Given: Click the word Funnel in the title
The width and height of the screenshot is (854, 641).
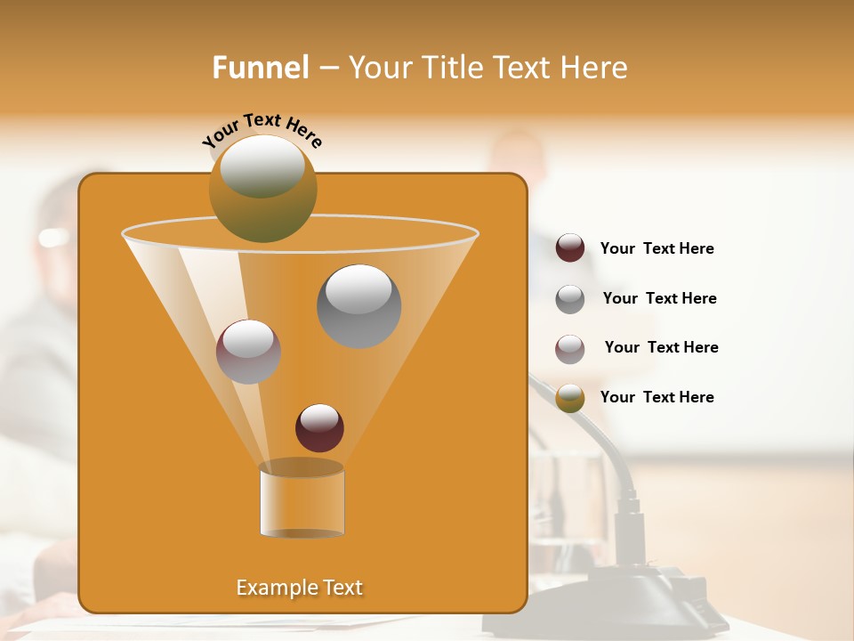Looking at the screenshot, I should [261, 68].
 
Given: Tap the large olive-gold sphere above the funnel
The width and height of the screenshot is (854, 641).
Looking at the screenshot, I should [262, 188].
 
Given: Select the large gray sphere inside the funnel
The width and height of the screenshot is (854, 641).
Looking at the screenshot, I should [359, 306].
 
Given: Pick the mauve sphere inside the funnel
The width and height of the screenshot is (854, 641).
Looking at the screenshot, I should [248, 352].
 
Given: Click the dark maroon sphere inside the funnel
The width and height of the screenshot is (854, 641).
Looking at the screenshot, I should [319, 427].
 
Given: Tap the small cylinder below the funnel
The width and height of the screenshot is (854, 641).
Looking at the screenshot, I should [302, 502].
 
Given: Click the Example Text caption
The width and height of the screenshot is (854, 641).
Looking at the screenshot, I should [299, 588].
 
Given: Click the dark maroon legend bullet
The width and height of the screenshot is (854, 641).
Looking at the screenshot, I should [570, 248].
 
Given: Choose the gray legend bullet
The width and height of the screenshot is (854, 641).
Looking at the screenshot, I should [570, 299].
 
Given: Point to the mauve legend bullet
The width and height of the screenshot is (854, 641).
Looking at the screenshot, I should [570, 349].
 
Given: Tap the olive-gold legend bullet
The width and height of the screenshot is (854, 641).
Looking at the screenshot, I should [570, 398].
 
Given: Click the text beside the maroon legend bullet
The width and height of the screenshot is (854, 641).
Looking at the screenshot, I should [657, 249].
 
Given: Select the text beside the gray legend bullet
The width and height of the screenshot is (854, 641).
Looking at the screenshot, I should [659, 299].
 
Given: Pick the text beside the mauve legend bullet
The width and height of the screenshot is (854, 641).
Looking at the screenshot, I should [661, 348].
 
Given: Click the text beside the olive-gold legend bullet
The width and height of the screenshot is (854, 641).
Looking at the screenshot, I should [657, 398].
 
